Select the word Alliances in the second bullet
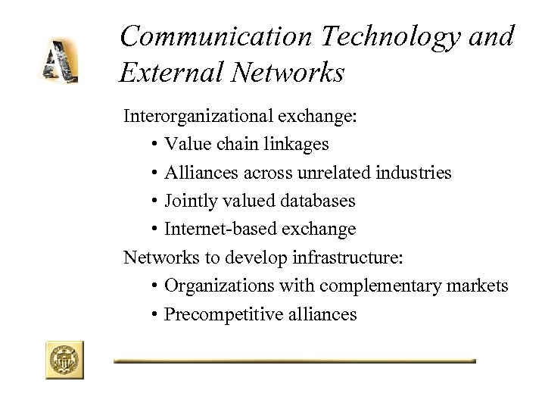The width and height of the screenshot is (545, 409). click(x=201, y=173)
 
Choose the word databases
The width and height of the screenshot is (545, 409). click(x=313, y=201)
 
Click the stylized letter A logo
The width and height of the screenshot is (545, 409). click(x=58, y=58)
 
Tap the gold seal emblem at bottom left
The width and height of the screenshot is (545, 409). click(x=64, y=360)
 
